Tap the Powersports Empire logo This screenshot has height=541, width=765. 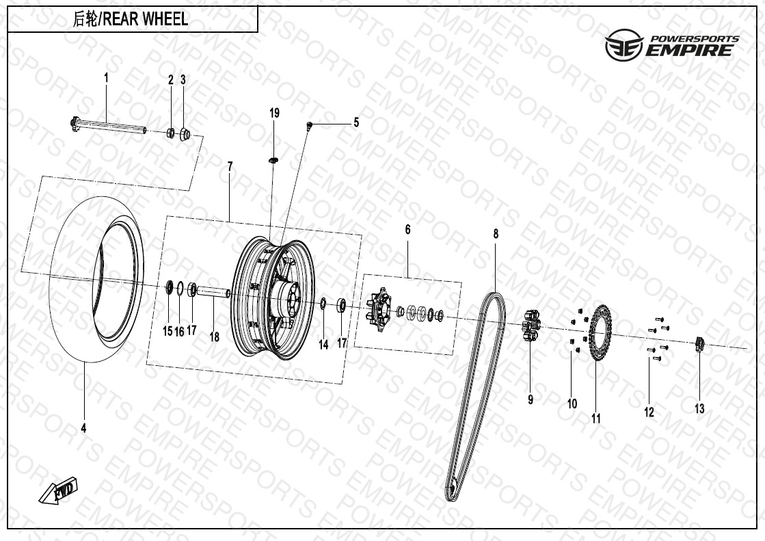[672, 44]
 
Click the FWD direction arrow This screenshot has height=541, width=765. [58, 490]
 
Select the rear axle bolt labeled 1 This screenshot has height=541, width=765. [108, 126]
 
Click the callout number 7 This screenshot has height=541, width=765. [230, 168]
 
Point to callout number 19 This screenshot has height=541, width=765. [275, 114]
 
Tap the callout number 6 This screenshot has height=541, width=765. [408, 230]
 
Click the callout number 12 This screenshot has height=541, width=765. [649, 412]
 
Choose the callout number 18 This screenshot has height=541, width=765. [214, 337]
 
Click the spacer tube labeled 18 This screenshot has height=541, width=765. [213, 291]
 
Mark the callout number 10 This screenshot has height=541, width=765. [572, 404]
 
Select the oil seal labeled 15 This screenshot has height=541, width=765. [169, 287]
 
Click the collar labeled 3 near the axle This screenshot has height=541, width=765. [185, 134]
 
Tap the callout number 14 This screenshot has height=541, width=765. [323, 345]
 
